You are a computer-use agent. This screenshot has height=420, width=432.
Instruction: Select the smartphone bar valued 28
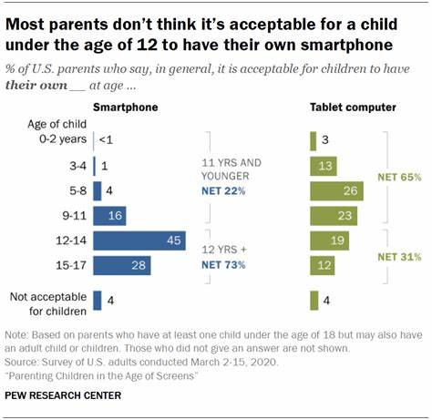[121, 265]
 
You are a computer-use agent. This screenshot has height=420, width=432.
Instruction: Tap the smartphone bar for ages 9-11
[108, 216]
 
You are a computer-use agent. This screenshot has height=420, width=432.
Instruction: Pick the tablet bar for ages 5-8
[337, 190]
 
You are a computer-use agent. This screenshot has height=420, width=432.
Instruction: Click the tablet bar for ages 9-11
[334, 216]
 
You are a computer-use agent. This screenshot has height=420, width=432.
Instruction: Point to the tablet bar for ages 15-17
[324, 265]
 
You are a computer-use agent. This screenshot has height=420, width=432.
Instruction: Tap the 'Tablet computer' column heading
[354, 108]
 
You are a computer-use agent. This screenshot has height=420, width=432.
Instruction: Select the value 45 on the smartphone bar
[170, 241]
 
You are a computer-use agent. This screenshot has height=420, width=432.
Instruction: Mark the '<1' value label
[106, 140]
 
